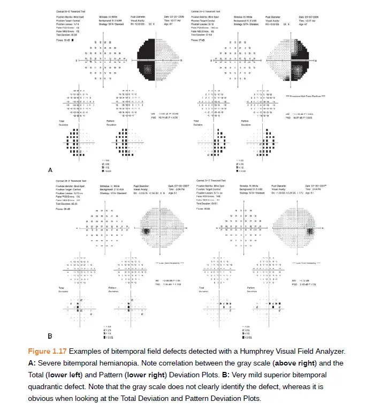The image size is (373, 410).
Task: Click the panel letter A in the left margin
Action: tap(50, 170)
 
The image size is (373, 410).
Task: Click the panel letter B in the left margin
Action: tap(50, 337)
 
